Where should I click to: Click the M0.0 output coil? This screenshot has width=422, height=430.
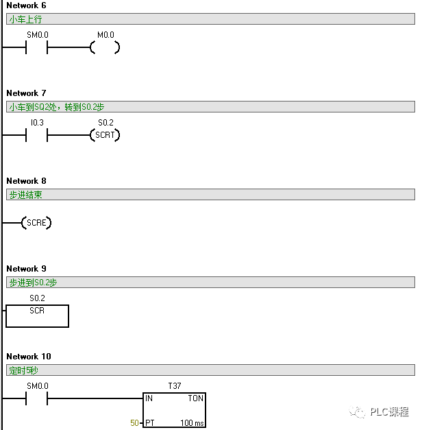click(x=105, y=47)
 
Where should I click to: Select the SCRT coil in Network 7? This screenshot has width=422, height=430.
click(x=105, y=135)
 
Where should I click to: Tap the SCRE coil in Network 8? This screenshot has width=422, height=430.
click(x=36, y=223)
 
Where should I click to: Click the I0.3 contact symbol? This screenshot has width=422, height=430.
click(x=37, y=135)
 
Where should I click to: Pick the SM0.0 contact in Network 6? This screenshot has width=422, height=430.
click(x=37, y=47)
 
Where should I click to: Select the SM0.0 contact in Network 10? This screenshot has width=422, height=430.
click(x=37, y=398)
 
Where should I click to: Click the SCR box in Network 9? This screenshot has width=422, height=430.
click(x=37, y=315)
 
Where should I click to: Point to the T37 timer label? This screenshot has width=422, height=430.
click(x=174, y=386)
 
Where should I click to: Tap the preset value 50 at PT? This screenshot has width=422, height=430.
click(x=134, y=423)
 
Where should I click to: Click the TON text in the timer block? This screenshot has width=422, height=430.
click(x=195, y=398)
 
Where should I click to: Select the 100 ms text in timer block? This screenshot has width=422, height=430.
click(x=192, y=423)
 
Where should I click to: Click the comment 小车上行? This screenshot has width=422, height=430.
click(x=25, y=19)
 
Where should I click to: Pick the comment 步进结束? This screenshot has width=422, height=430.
click(x=25, y=195)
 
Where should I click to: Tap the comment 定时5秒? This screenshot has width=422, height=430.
click(x=23, y=370)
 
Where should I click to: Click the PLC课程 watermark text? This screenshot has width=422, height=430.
click(x=388, y=411)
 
